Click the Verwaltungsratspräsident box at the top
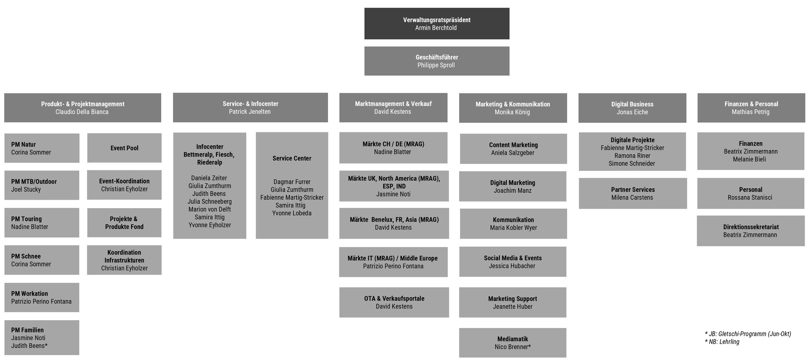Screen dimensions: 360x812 [436, 24]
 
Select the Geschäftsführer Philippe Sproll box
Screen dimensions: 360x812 [436, 61]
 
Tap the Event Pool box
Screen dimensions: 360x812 [124, 148]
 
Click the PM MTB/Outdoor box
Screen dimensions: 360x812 [42, 185]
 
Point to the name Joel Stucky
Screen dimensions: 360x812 [26, 190]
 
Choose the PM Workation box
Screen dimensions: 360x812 [42, 297]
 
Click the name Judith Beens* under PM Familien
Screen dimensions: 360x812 [29, 346]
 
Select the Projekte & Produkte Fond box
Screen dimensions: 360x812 [124, 223]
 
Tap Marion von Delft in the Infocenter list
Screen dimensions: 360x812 [209, 209]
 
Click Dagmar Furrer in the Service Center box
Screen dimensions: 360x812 [292, 182]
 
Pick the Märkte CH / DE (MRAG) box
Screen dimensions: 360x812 [393, 148]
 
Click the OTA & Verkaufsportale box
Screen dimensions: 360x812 [394, 302]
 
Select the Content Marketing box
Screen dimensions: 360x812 [513, 149]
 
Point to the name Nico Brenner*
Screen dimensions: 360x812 [512, 347]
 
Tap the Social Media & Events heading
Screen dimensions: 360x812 [512, 258]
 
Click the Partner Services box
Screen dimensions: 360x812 [633, 194]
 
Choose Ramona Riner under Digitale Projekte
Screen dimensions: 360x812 [632, 156]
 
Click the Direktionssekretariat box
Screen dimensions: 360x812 [750, 231]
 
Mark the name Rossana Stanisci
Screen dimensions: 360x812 [750, 198]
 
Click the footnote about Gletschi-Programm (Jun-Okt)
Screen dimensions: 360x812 [747, 334]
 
